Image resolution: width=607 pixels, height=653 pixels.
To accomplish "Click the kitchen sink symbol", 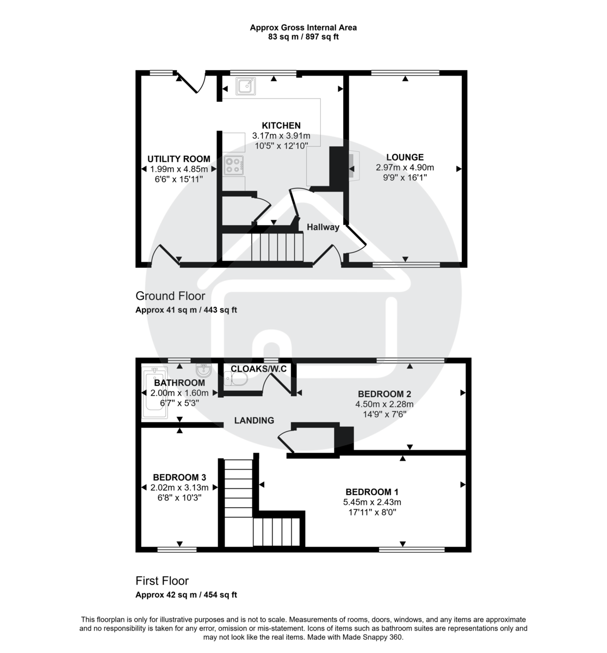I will point(245,85).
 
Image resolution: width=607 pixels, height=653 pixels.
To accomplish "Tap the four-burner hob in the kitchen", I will point(234,165).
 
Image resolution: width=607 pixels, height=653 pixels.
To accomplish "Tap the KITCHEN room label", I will point(281,126).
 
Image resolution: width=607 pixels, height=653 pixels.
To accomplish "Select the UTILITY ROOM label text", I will point(179,159).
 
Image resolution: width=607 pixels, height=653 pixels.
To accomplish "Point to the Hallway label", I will point(323,227).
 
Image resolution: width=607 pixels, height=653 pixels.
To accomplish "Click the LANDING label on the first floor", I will point(254,420).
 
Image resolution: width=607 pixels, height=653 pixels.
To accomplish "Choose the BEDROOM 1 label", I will point(368,492).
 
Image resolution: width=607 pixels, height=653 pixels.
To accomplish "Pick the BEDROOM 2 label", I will point(384,394).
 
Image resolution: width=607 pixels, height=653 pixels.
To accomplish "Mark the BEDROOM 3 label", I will point(179,477).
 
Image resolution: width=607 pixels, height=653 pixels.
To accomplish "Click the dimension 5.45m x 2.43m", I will point(372,502).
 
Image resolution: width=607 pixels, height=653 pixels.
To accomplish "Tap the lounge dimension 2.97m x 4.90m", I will point(405,168).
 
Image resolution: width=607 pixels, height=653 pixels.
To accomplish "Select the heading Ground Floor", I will point(170,296).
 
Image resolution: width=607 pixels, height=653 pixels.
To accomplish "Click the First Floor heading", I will point(162,581).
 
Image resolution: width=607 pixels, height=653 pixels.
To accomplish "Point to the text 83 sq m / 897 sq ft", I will point(303,37).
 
